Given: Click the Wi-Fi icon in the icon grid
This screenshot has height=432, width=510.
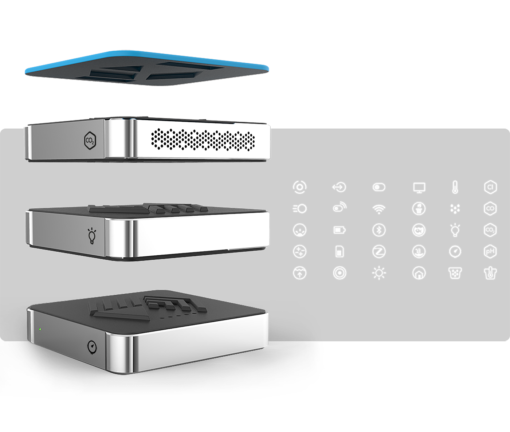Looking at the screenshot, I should (x=379, y=209).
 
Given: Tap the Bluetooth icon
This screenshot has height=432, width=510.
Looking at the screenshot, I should (x=379, y=230).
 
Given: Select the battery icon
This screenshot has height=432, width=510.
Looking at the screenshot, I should (x=339, y=230).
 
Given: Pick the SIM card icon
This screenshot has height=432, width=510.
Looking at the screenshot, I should (x=339, y=252).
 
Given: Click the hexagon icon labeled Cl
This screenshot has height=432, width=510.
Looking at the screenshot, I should (x=490, y=187).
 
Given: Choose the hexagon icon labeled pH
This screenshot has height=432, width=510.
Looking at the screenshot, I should (x=490, y=252).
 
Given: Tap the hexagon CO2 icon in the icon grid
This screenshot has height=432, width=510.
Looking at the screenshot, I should (x=490, y=230).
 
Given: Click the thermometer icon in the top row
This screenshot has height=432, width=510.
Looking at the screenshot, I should (x=455, y=187).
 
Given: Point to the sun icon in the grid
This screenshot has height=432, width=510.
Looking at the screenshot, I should (x=379, y=273).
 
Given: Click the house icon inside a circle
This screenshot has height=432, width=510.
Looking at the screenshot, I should (x=419, y=273).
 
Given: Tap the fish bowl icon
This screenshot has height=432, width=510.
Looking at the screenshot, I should (x=419, y=230).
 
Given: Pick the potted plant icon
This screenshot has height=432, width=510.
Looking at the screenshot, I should (x=419, y=209).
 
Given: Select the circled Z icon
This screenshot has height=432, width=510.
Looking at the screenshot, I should (x=379, y=252).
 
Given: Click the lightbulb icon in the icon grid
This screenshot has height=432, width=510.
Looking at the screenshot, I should (x=455, y=230).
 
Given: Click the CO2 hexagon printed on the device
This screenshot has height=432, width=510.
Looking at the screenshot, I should (x=90, y=140).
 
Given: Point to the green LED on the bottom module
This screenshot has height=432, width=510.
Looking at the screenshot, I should (x=40, y=330).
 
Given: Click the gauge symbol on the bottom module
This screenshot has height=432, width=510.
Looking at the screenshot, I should (x=93, y=347).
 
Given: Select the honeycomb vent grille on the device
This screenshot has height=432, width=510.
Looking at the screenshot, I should (x=203, y=140).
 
